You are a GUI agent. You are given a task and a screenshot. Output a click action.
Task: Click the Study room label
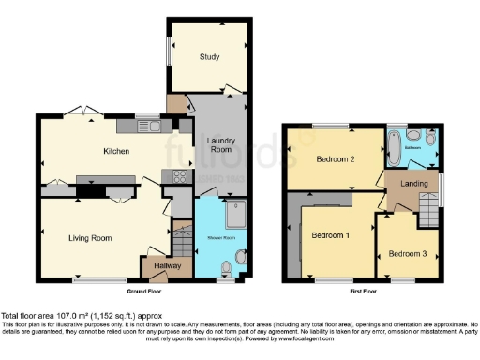[208, 57]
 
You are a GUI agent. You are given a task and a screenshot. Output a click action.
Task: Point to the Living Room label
[90, 238]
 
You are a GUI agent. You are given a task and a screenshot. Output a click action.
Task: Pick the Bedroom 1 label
[331, 233]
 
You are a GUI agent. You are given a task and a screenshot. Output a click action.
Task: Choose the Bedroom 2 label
[335, 159]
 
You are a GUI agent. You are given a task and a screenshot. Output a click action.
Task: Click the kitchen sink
[151, 126]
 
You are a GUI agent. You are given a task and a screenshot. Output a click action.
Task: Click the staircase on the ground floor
[178, 242]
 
